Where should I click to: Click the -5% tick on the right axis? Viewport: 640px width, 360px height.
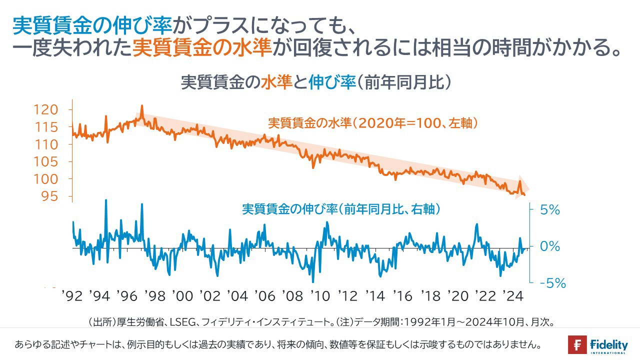tap(552, 283)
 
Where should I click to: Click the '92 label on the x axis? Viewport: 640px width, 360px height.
tap(72, 296)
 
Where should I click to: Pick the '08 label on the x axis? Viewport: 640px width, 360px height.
tap(292, 296)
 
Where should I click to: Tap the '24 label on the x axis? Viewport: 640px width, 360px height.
tap(512, 296)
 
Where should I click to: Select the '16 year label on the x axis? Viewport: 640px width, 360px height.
tap(402, 296)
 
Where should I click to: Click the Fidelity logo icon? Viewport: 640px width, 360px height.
tap(577, 345)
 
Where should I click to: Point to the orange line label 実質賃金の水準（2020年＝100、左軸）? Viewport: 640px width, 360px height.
tap(370, 123)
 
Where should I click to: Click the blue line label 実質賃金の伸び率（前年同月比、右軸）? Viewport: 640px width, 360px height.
tap(341, 209)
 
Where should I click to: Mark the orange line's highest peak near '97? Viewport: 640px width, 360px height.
tap(142, 106)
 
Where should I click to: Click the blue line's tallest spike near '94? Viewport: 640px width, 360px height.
tap(106, 200)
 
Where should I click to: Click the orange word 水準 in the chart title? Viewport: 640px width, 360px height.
tap(276, 82)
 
